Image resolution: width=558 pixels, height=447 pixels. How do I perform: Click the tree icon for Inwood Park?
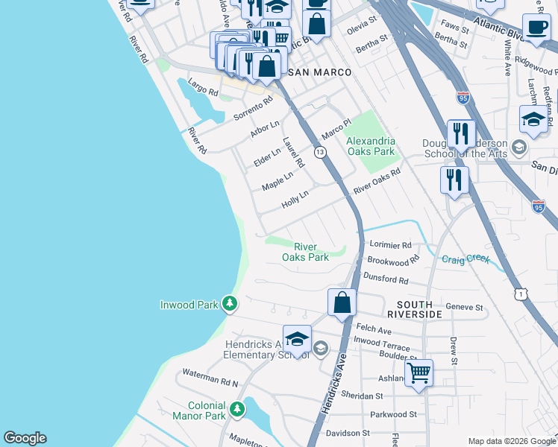(231, 304)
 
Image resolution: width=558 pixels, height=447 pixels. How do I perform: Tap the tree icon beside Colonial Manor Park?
(237, 409)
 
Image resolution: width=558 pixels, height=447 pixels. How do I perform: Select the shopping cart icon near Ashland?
(418, 372)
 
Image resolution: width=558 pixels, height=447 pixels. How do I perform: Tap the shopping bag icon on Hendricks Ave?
(342, 303)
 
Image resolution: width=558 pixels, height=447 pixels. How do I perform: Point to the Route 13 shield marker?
(320, 152)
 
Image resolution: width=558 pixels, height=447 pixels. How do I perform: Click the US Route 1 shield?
(519, 294)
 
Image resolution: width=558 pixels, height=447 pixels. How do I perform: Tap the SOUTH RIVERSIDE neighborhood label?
(419, 310)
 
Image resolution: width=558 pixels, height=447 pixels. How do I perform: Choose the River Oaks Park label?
(305, 252)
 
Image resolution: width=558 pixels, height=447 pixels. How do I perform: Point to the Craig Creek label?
(465, 259)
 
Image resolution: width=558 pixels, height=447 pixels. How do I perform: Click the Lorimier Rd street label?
(390, 244)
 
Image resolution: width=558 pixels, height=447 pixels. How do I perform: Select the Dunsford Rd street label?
(386, 280)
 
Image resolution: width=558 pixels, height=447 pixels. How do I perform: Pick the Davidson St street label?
(348, 433)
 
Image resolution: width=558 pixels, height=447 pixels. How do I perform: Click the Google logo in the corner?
(25, 438)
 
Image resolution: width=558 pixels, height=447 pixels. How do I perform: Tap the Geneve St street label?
(464, 307)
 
